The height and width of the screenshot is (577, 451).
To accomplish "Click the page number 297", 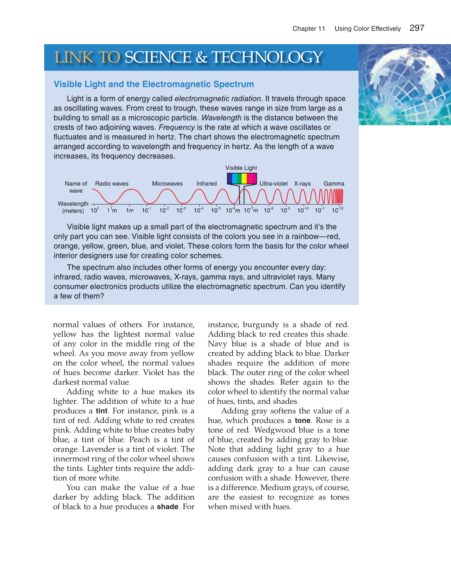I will pyautogui.click(x=417, y=28).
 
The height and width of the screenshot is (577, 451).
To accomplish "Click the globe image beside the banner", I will pyautogui.click(x=405, y=85).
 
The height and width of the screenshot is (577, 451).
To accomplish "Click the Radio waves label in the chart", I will pyautogui.click(x=112, y=184).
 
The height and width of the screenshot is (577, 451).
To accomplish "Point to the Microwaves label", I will pyautogui.click(x=167, y=184).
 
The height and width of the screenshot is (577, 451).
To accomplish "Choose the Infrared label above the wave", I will pyautogui.click(x=206, y=184).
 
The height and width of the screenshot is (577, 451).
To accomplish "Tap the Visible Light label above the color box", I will pyautogui.click(x=241, y=168).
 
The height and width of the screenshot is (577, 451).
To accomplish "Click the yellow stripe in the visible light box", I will pyautogui.click(x=244, y=179).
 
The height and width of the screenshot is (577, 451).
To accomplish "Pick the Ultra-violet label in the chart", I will pyautogui.click(x=273, y=184).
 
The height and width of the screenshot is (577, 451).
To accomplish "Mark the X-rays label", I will pyautogui.click(x=302, y=184).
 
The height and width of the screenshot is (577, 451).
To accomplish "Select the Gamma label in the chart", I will pyautogui.click(x=334, y=184).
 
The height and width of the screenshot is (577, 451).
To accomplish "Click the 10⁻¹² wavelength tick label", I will pyautogui.click(x=337, y=210).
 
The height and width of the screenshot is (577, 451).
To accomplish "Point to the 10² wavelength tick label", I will pyautogui.click(x=94, y=210).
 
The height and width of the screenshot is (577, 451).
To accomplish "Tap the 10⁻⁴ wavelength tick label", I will pyautogui.click(x=198, y=210).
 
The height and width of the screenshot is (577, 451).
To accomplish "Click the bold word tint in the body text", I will pyautogui.click(x=101, y=411).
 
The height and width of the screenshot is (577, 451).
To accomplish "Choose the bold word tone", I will pyautogui.click(x=302, y=421).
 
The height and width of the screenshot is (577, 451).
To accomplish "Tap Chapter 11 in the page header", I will pyautogui.click(x=309, y=29).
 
